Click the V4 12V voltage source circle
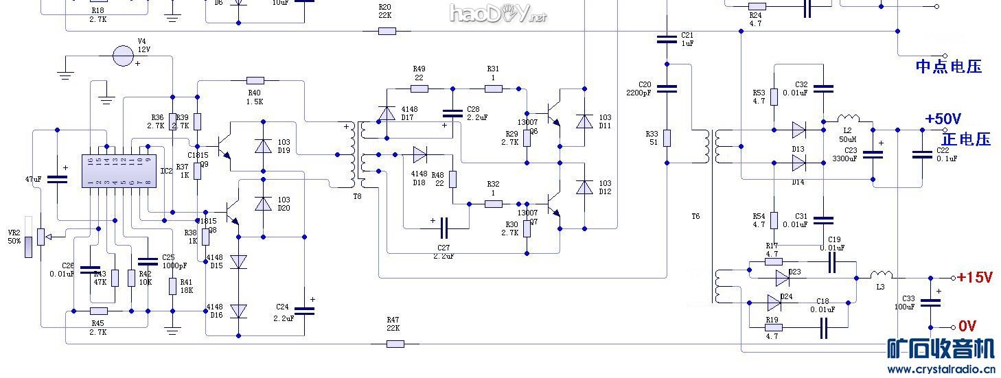coord(124,56)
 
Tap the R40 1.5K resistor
coord(255,81)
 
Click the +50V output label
coord(943,119)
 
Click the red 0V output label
coord(967,326)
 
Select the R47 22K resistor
coord(395,343)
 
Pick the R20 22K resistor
coord(387,31)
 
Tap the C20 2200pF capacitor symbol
coord(666,88)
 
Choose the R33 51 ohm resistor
coord(666,137)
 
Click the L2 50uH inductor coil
coord(848,119)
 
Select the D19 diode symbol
coord(262,145)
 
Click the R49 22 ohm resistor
coord(419,88)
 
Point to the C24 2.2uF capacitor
coord(303,311)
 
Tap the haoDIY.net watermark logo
coord(497,13)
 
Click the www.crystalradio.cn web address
coord(941,369)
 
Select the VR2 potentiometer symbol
coord(29,237)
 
